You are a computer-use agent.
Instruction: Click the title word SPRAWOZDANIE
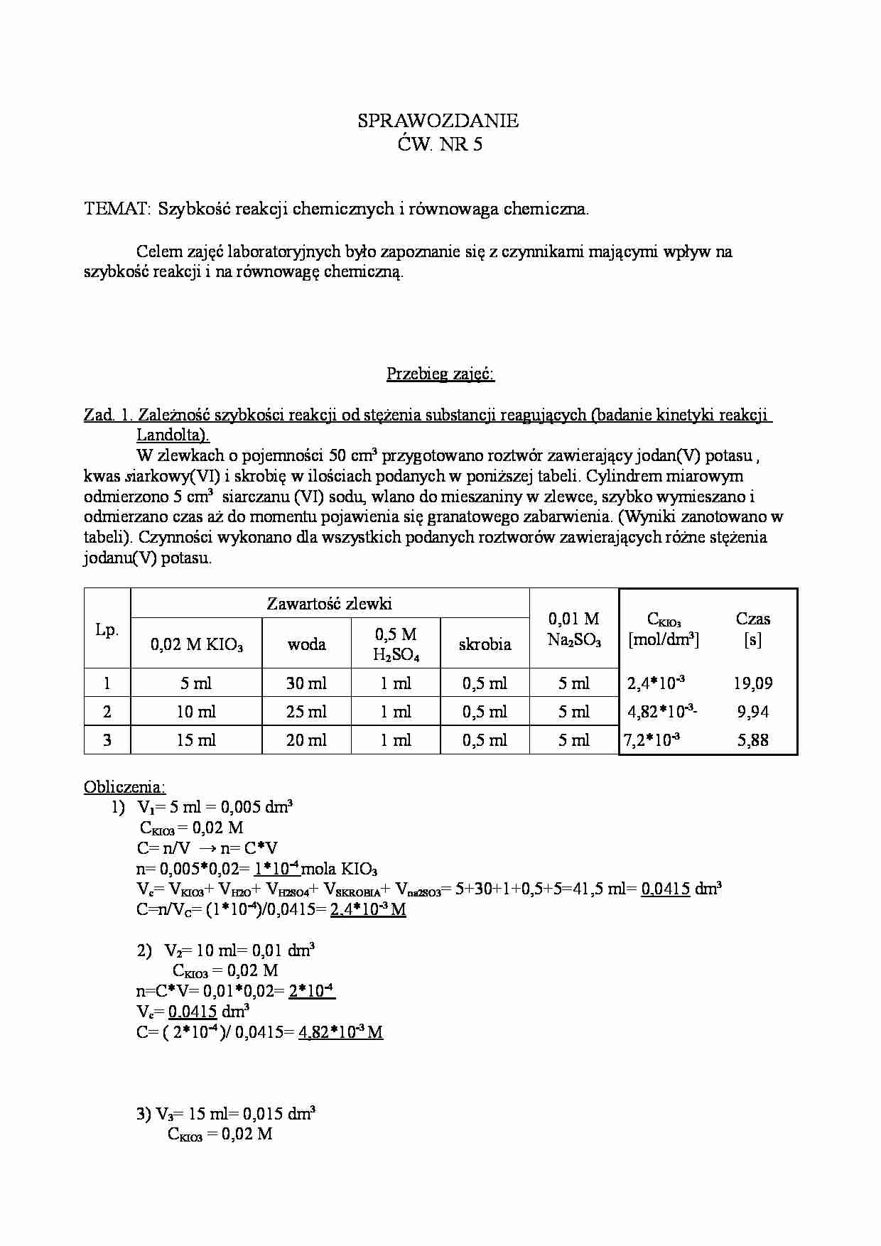coord(438,121)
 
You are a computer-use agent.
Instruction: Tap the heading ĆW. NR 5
coord(439,145)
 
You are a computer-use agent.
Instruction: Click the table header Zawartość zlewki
coord(329,604)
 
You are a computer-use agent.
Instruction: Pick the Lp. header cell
coord(107,629)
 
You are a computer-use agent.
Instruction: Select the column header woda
coord(306,644)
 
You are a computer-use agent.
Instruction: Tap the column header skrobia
coord(485,644)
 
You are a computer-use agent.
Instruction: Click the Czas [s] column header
coord(752,629)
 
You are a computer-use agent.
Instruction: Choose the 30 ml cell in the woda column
coord(306,683)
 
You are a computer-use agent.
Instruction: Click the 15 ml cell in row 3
coord(195,740)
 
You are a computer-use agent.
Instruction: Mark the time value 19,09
coord(752,683)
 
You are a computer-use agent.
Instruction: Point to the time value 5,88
coord(752,740)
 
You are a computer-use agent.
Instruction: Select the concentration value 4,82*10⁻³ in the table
coord(661,712)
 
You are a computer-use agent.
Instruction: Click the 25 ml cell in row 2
coord(306,712)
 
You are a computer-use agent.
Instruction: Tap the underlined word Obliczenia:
coord(124,787)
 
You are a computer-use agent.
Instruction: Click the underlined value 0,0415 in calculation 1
coord(665,889)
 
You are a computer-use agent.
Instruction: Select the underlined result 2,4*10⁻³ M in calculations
coord(367,909)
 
